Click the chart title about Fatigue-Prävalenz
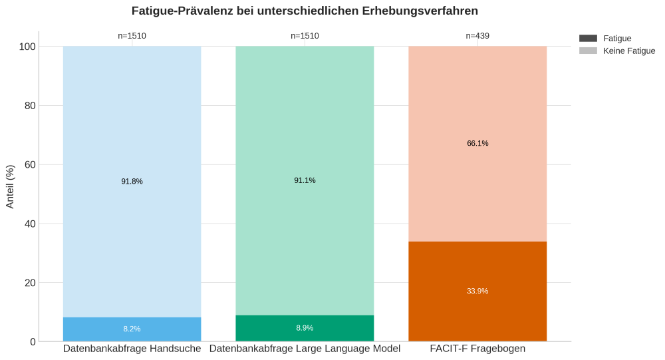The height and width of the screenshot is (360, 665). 305,11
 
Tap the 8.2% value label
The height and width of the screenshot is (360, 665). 132,329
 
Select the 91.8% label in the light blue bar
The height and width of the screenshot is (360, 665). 132,181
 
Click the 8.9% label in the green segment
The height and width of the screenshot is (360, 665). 305,327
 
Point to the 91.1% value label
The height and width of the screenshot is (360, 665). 305,180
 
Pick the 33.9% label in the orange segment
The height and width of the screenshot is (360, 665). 477,291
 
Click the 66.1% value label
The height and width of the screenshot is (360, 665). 477,143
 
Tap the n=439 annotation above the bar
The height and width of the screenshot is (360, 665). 477,36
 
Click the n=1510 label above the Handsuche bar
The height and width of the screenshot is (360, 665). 132,36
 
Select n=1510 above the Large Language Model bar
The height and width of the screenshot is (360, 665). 305,36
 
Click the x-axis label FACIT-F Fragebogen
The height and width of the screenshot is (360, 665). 477,349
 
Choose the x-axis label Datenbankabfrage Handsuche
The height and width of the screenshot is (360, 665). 132,349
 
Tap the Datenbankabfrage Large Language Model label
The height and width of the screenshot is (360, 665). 305,349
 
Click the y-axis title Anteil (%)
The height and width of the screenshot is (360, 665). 10,186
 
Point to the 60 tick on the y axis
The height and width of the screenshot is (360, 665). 30,164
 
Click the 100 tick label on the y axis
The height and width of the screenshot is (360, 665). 27,47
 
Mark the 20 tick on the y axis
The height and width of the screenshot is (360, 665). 30,283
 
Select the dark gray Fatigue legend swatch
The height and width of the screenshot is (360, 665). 588,39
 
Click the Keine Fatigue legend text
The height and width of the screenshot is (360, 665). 628,51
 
